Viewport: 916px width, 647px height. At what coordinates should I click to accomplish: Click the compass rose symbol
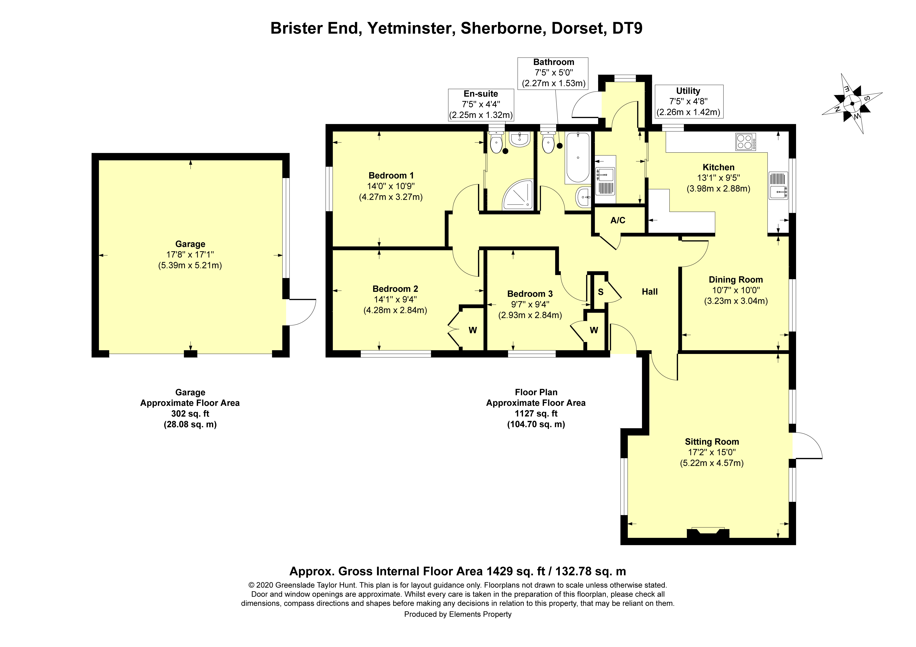point(852,104)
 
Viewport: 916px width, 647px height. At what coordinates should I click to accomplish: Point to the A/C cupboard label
point(618,220)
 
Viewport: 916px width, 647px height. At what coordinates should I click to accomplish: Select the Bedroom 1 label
point(391,175)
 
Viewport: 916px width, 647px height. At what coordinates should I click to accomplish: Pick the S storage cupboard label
point(600,292)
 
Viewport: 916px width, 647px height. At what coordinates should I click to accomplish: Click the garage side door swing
point(302,312)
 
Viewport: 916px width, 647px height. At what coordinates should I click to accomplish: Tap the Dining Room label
point(735,280)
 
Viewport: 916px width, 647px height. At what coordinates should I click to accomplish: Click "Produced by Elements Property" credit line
point(458,614)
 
